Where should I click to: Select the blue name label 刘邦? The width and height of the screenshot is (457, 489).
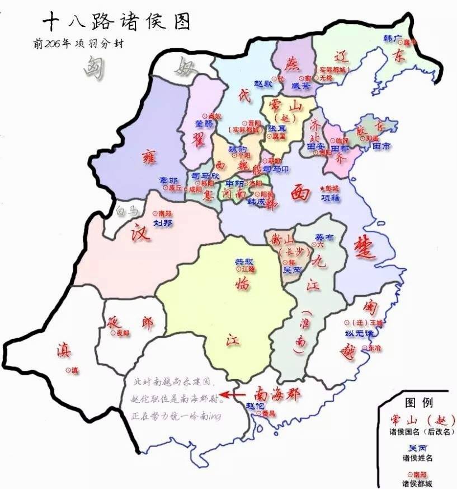pyautogui.click(x=163, y=222)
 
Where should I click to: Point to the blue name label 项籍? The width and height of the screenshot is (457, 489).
pyautogui.click(x=330, y=197)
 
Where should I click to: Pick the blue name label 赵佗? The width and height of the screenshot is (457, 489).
pyautogui.click(x=255, y=405)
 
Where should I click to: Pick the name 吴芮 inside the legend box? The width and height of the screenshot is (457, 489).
pyautogui.click(x=418, y=449)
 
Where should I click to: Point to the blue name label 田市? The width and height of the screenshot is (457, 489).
pyautogui.click(x=383, y=146)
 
